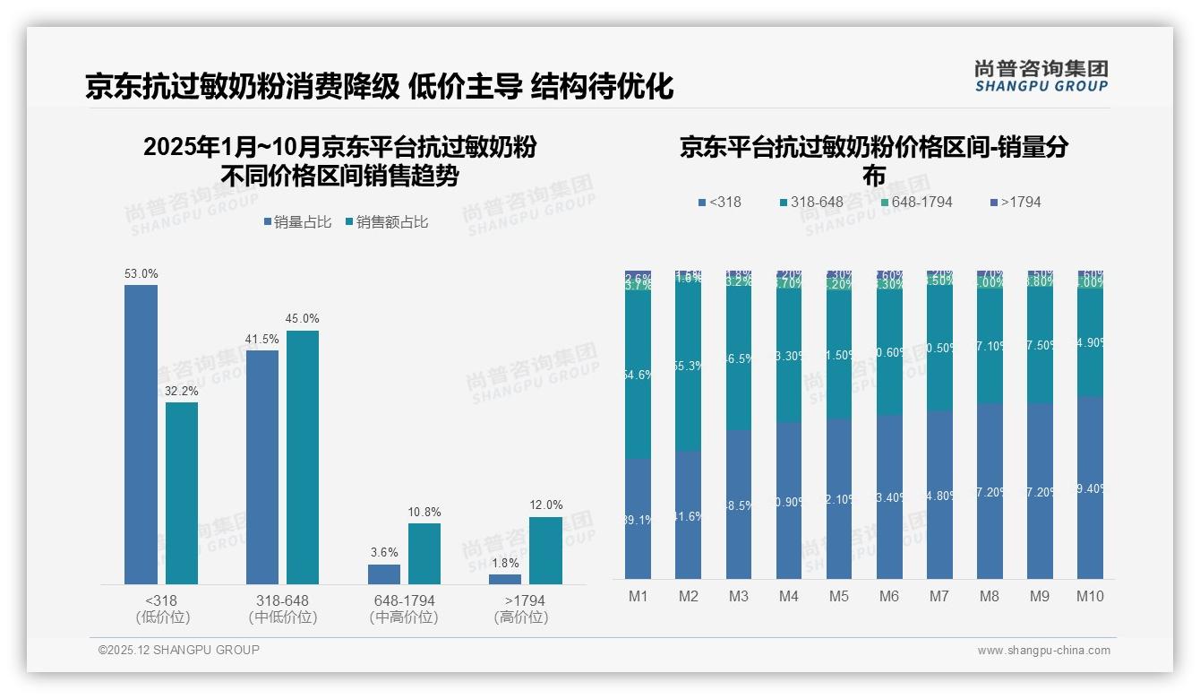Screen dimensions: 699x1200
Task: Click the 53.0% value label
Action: tap(141, 273)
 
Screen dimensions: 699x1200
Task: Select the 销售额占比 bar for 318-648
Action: tap(303, 457)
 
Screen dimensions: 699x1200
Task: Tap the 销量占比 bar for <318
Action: tap(141, 435)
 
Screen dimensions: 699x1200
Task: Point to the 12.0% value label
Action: tap(546, 505)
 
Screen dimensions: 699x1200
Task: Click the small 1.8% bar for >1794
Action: tap(505, 579)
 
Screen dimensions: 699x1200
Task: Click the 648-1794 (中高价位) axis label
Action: tap(403, 608)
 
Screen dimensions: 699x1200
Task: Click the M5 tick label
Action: tap(839, 597)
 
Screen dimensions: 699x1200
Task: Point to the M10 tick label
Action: tap(1090, 597)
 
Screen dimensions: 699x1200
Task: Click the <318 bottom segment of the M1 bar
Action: tap(639, 518)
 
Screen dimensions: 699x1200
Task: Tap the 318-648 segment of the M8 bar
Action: tap(990, 345)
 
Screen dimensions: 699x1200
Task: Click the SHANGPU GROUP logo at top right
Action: tap(1041, 76)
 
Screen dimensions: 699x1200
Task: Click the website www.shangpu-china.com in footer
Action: tap(1043, 651)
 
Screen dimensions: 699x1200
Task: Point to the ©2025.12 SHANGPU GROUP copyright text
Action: tap(179, 650)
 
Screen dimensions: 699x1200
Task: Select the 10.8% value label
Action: tap(424, 513)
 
